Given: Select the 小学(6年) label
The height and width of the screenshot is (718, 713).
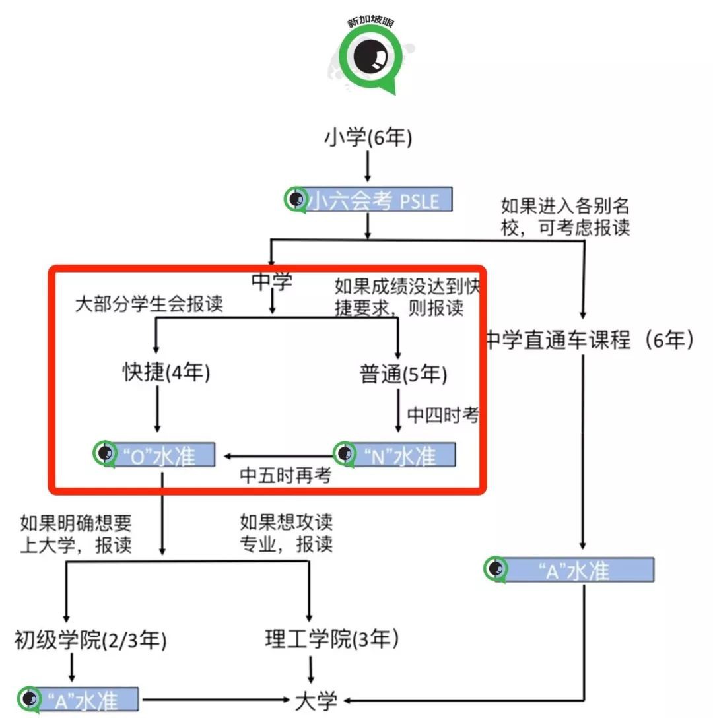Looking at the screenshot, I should [368, 139].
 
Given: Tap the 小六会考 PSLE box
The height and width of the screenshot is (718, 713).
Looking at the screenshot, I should [370, 200].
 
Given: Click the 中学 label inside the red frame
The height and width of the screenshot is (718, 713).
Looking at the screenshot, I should [271, 282].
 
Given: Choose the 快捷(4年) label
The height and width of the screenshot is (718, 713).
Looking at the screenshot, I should [166, 374].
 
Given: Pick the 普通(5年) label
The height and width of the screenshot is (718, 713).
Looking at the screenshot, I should [403, 375].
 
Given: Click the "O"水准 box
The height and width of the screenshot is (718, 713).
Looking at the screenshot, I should [155, 455].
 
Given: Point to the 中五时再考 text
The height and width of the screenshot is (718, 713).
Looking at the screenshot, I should [285, 476].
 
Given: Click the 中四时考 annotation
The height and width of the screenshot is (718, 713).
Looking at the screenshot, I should [442, 415].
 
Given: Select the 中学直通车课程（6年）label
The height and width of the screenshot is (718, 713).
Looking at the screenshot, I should [590, 340].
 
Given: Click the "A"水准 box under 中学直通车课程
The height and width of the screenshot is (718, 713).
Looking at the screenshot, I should [570, 570].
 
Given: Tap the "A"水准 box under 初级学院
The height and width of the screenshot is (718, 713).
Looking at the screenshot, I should [79, 700].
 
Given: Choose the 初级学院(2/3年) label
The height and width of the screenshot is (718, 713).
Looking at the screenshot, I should [90, 640].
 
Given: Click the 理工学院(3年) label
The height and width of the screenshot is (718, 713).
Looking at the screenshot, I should [332, 639].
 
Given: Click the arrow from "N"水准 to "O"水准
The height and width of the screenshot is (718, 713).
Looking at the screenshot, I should [277, 455].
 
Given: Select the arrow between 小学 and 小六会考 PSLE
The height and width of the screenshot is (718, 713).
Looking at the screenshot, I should [368, 169].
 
